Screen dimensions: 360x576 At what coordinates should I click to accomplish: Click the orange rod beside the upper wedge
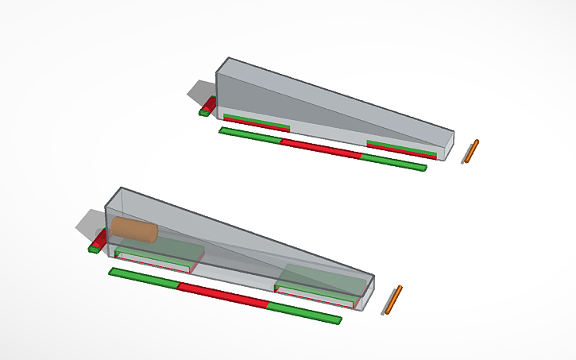472,151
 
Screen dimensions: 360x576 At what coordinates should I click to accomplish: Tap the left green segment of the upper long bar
250,135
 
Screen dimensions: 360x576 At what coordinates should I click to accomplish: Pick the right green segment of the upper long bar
393,162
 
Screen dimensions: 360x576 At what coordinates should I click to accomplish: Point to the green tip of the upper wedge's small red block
203,113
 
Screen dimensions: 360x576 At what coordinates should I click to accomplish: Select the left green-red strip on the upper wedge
256,122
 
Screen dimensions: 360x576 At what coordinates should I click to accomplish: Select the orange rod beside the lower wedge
393,300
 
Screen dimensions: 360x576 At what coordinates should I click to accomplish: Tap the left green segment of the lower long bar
143,277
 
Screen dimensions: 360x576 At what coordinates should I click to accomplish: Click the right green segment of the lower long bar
304,312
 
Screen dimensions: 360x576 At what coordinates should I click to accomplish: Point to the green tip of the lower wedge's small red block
94,249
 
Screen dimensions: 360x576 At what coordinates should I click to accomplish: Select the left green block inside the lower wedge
158,256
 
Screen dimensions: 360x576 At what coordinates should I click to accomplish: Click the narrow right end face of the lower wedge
366,290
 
